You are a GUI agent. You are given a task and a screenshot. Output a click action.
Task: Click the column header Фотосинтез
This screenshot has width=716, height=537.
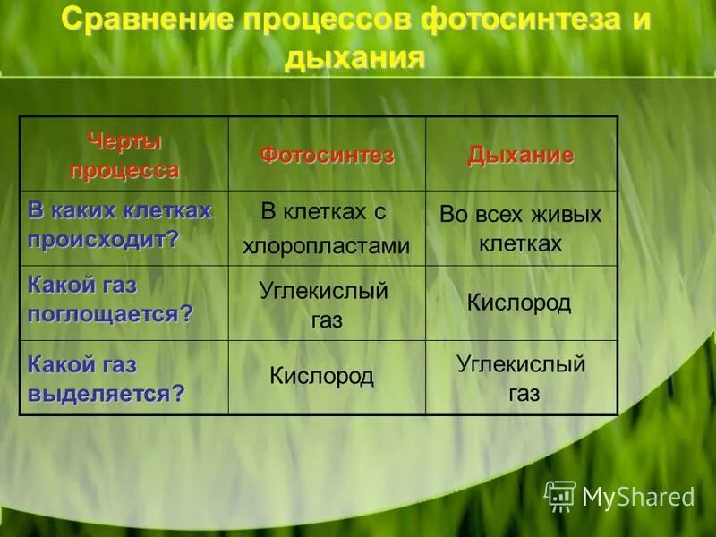tap(327, 155)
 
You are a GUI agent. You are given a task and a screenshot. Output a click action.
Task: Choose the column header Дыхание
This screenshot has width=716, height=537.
tap(520, 155)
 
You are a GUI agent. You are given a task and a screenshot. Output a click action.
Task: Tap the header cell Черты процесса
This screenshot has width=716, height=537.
tap(124, 155)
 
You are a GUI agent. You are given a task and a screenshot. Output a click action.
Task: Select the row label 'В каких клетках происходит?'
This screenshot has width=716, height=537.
tap(120, 226)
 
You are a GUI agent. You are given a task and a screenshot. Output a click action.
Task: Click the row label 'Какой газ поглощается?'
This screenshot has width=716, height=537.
tap(110, 301)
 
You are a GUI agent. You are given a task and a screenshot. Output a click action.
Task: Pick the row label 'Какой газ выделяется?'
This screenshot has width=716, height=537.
tap(107, 379)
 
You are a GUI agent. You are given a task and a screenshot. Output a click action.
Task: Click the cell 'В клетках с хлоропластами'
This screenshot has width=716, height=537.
tap(326, 228)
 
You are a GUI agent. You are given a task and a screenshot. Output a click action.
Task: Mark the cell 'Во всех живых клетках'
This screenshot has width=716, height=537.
tap(520, 228)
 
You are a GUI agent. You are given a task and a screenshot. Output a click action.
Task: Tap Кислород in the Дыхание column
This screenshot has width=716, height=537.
tap(519, 303)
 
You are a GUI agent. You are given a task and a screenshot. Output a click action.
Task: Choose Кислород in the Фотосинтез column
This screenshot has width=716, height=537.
tap(321, 377)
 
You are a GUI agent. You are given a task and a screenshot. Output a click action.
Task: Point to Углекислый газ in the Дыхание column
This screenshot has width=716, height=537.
tap(521, 378)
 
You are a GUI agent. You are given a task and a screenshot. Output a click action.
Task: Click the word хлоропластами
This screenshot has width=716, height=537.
tap(326, 246)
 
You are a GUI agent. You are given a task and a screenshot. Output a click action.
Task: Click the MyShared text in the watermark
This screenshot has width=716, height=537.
tap(638, 498)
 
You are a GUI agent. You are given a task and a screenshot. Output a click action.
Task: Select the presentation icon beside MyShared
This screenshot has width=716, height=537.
tap(560, 496)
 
